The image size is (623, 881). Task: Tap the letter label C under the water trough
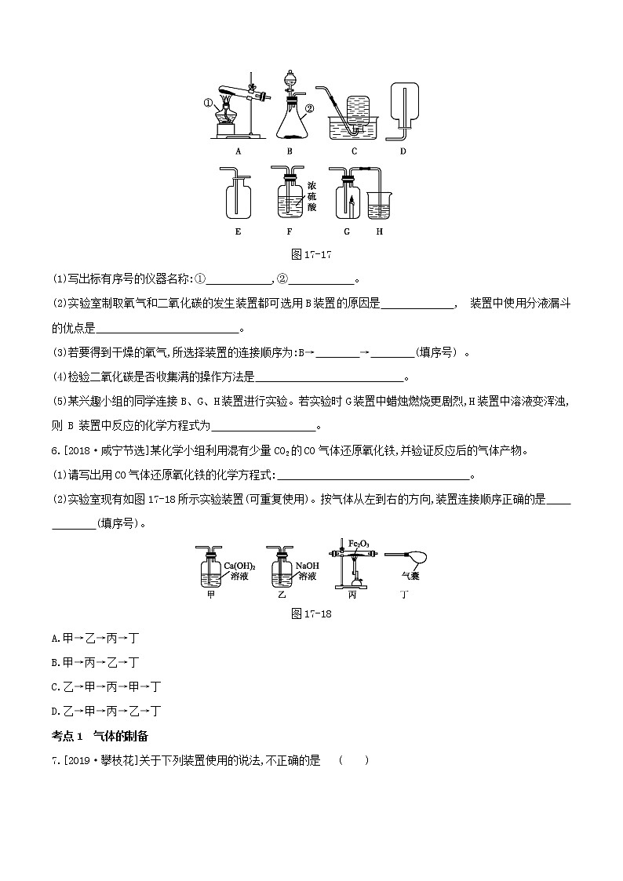[x=354, y=151]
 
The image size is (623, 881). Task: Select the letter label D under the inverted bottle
[x=403, y=151]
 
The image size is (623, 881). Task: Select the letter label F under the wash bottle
[x=289, y=231]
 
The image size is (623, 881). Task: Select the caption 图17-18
[x=311, y=613]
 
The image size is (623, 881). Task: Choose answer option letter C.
[x=56, y=686]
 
